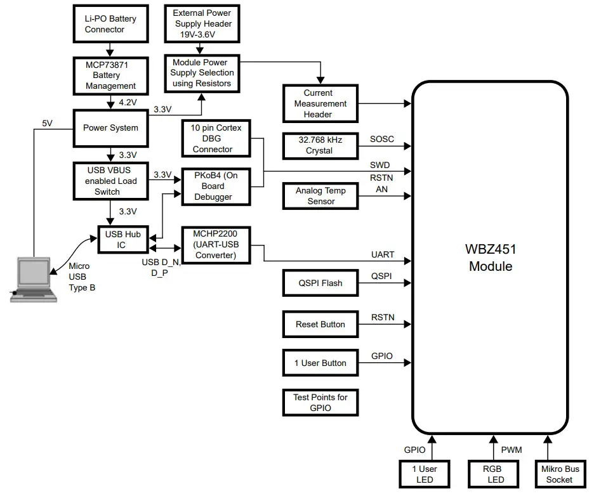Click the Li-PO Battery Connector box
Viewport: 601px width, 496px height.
click(x=110, y=24)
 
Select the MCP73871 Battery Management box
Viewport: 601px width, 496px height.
click(x=110, y=75)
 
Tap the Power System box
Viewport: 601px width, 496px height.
click(x=110, y=127)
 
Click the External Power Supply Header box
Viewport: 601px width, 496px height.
click(x=202, y=23)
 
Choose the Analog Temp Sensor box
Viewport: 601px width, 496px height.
click(x=320, y=196)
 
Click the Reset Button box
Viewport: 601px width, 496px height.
click(x=320, y=324)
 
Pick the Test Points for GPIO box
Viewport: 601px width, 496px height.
click(x=320, y=403)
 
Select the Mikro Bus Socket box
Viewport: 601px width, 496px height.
click(x=559, y=474)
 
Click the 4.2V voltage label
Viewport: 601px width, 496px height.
click(x=128, y=101)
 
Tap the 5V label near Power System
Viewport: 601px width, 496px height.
click(x=48, y=123)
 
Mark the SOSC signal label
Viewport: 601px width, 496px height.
click(x=381, y=139)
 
